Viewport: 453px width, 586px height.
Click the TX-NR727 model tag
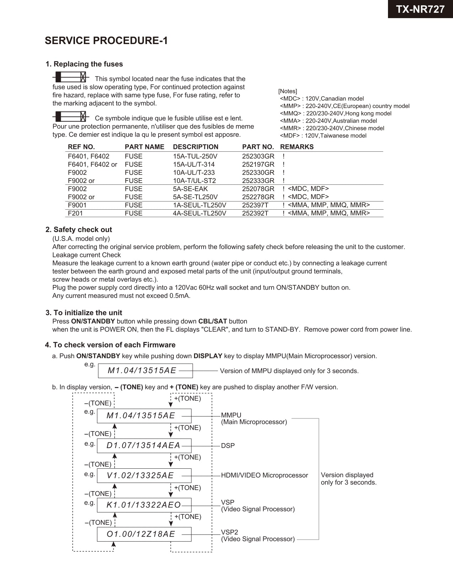pos(420,9)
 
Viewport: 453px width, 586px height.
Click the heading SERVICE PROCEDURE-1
pos(106,41)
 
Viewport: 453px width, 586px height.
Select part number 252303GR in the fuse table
pos(258,156)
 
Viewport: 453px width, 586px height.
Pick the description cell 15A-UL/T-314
pos(194,165)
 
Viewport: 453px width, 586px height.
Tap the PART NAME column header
pos(144,147)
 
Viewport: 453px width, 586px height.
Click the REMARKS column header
pos(297,147)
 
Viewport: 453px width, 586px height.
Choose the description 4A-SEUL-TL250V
pos(199,213)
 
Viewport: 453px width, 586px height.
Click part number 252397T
pos(255,205)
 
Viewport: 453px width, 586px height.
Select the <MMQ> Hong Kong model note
pos(335,113)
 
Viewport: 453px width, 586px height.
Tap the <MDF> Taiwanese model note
pos(323,135)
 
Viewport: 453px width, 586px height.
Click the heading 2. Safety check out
pos(79,230)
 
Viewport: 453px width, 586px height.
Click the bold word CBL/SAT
pos(212,321)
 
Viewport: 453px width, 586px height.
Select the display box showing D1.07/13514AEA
pos(144,446)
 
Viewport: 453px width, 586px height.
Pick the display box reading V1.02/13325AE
pos(144,475)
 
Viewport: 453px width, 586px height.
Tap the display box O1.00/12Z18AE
pos(144,534)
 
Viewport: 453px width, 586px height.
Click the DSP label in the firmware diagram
pos(228,446)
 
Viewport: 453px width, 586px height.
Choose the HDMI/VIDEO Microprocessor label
pos(264,475)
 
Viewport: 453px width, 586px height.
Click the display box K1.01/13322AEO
pos(144,505)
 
